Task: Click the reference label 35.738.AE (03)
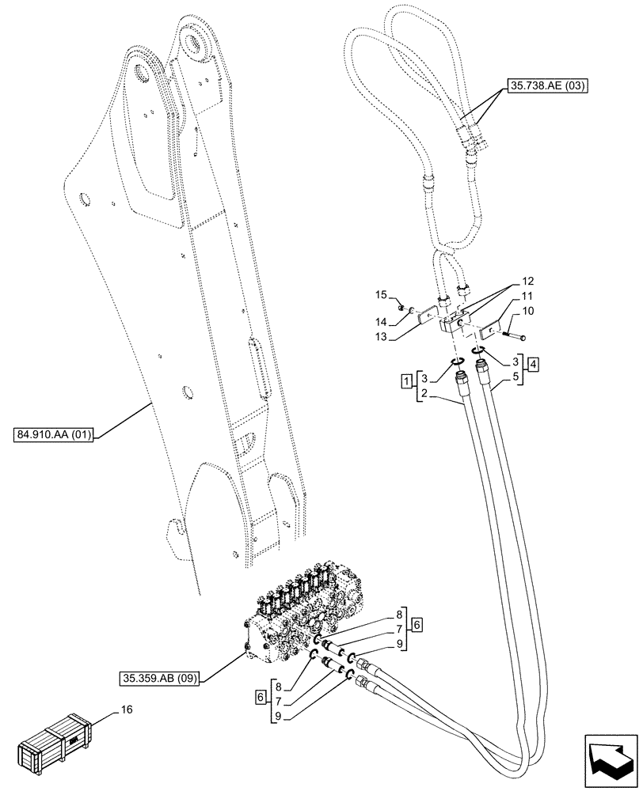click(x=545, y=88)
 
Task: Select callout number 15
click(x=380, y=295)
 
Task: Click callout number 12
click(x=528, y=281)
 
